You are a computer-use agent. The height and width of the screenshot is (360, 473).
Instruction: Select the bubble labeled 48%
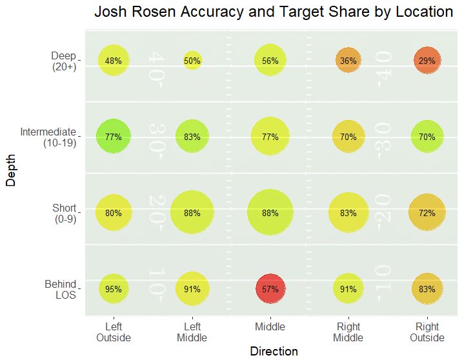point(114,61)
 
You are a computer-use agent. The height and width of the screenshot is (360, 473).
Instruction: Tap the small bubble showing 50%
point(192,61)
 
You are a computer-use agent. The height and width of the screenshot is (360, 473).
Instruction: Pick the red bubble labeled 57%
point(270,289)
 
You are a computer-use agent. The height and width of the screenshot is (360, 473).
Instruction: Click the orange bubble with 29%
point(427,61)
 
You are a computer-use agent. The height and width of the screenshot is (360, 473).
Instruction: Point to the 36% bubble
point(348,61)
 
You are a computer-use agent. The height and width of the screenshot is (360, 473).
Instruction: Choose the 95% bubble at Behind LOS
point(114,289)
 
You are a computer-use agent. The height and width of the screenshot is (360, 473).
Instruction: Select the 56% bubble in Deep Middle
point(270,61)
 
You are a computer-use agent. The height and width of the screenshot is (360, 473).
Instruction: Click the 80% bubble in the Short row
point(114,213)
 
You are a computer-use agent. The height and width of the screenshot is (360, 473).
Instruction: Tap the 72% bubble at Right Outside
point(427,213)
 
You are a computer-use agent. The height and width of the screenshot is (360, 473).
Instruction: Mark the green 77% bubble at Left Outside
point(114,137)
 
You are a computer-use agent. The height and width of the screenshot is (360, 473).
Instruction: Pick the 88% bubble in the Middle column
point(270,213)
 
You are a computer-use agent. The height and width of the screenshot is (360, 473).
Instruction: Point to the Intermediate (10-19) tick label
point(48,137)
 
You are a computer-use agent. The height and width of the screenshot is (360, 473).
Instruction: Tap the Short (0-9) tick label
point(64,214)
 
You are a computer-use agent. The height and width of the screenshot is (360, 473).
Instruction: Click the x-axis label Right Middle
point(348,332)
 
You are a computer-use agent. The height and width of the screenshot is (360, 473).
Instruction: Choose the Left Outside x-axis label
point(114,332)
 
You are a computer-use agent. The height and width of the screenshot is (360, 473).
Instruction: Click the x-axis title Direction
point(274,351)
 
